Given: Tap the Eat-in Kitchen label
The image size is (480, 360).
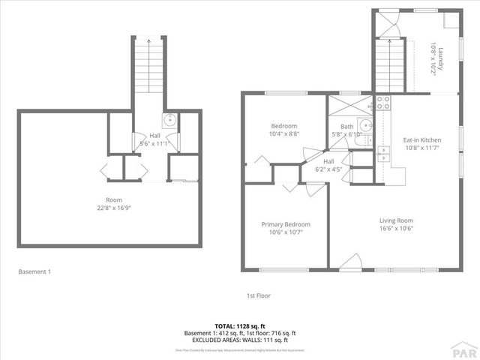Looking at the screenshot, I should click(422, 140).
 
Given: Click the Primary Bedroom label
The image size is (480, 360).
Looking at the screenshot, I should click(285, 224).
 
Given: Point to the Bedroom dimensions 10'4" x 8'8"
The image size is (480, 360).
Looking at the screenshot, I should click(284, 133).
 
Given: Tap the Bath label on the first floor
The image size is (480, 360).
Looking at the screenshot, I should click(346, 127).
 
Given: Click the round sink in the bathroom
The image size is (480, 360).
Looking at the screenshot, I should click(365, 126).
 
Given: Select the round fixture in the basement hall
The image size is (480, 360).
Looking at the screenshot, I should click(170, 119).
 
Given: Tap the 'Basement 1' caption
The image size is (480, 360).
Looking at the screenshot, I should click(34, 271).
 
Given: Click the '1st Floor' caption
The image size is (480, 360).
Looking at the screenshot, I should click(259, 296).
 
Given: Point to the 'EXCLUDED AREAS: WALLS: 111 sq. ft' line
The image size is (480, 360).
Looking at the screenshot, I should click(240, 340).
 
